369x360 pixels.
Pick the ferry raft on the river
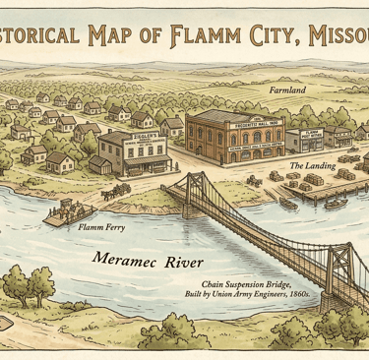point(63,210)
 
